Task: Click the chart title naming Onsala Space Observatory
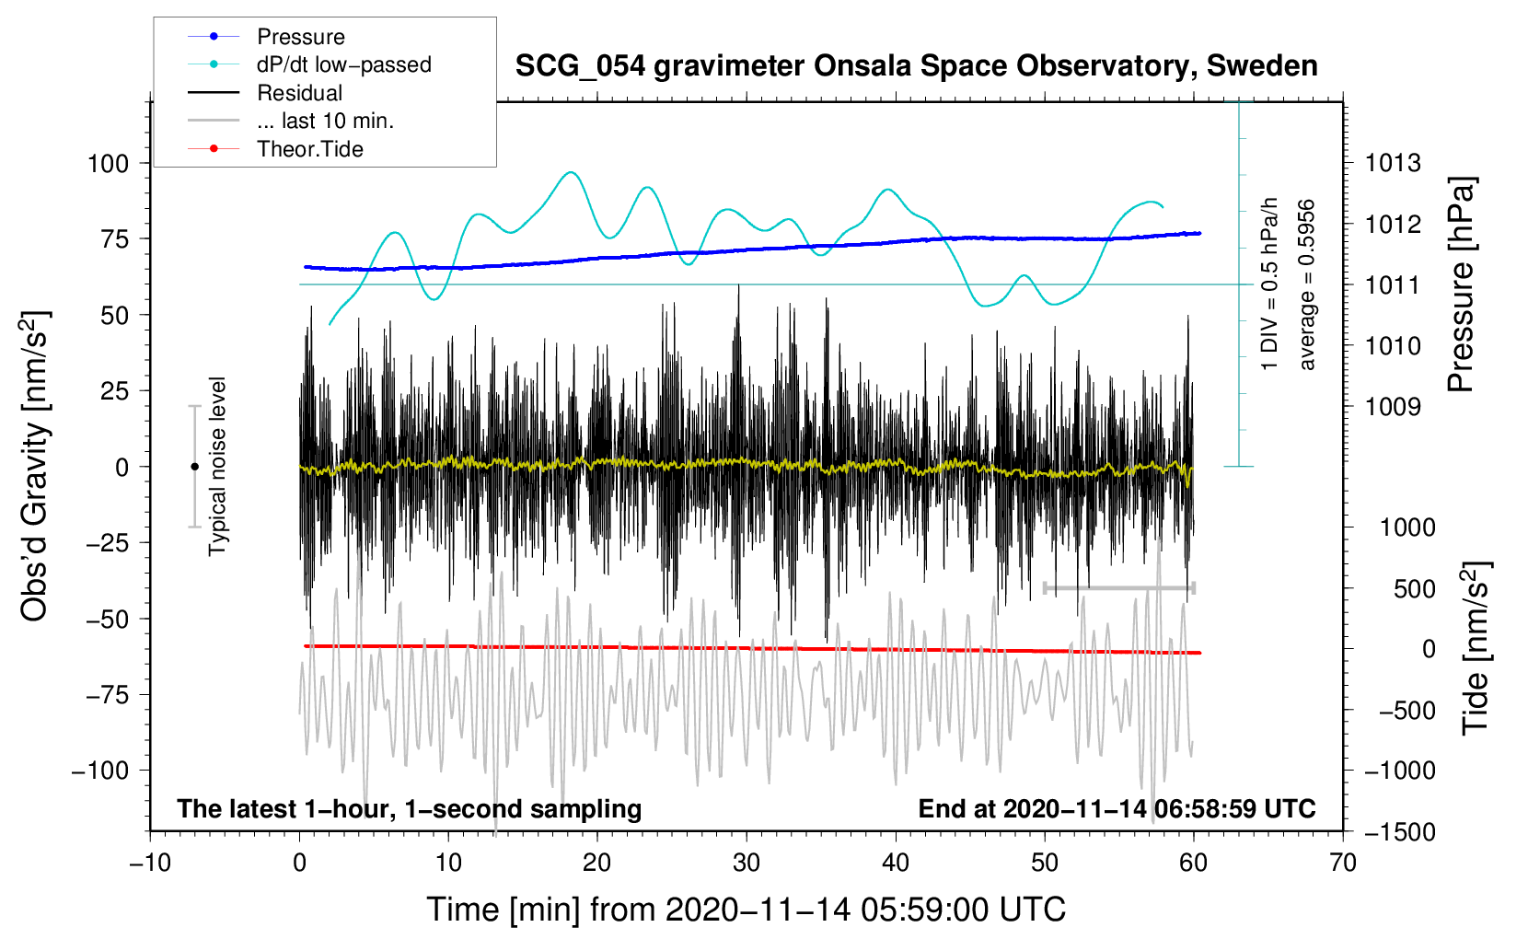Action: click(916, 66)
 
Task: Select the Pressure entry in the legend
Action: click(300, 37)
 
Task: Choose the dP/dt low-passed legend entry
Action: click(343, 64)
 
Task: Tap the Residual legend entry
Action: click(299, 93)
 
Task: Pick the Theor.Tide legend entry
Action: click(309, 149)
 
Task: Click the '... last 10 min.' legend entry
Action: click(325, 121)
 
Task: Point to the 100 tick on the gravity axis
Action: click(108, 164)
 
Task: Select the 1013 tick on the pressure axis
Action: click(1393, 164)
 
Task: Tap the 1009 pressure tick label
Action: click(1393, 407)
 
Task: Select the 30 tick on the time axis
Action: click(747, 863)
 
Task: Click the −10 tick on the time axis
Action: click(150, 863)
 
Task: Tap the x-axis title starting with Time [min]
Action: click(746, 910)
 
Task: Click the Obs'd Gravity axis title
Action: click(34, 467)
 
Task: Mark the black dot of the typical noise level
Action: click(194, 467)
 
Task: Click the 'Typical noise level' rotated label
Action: click(217, 467)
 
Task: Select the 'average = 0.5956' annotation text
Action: click(1307, 285)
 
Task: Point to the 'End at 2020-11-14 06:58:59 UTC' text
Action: click(1117, 809)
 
